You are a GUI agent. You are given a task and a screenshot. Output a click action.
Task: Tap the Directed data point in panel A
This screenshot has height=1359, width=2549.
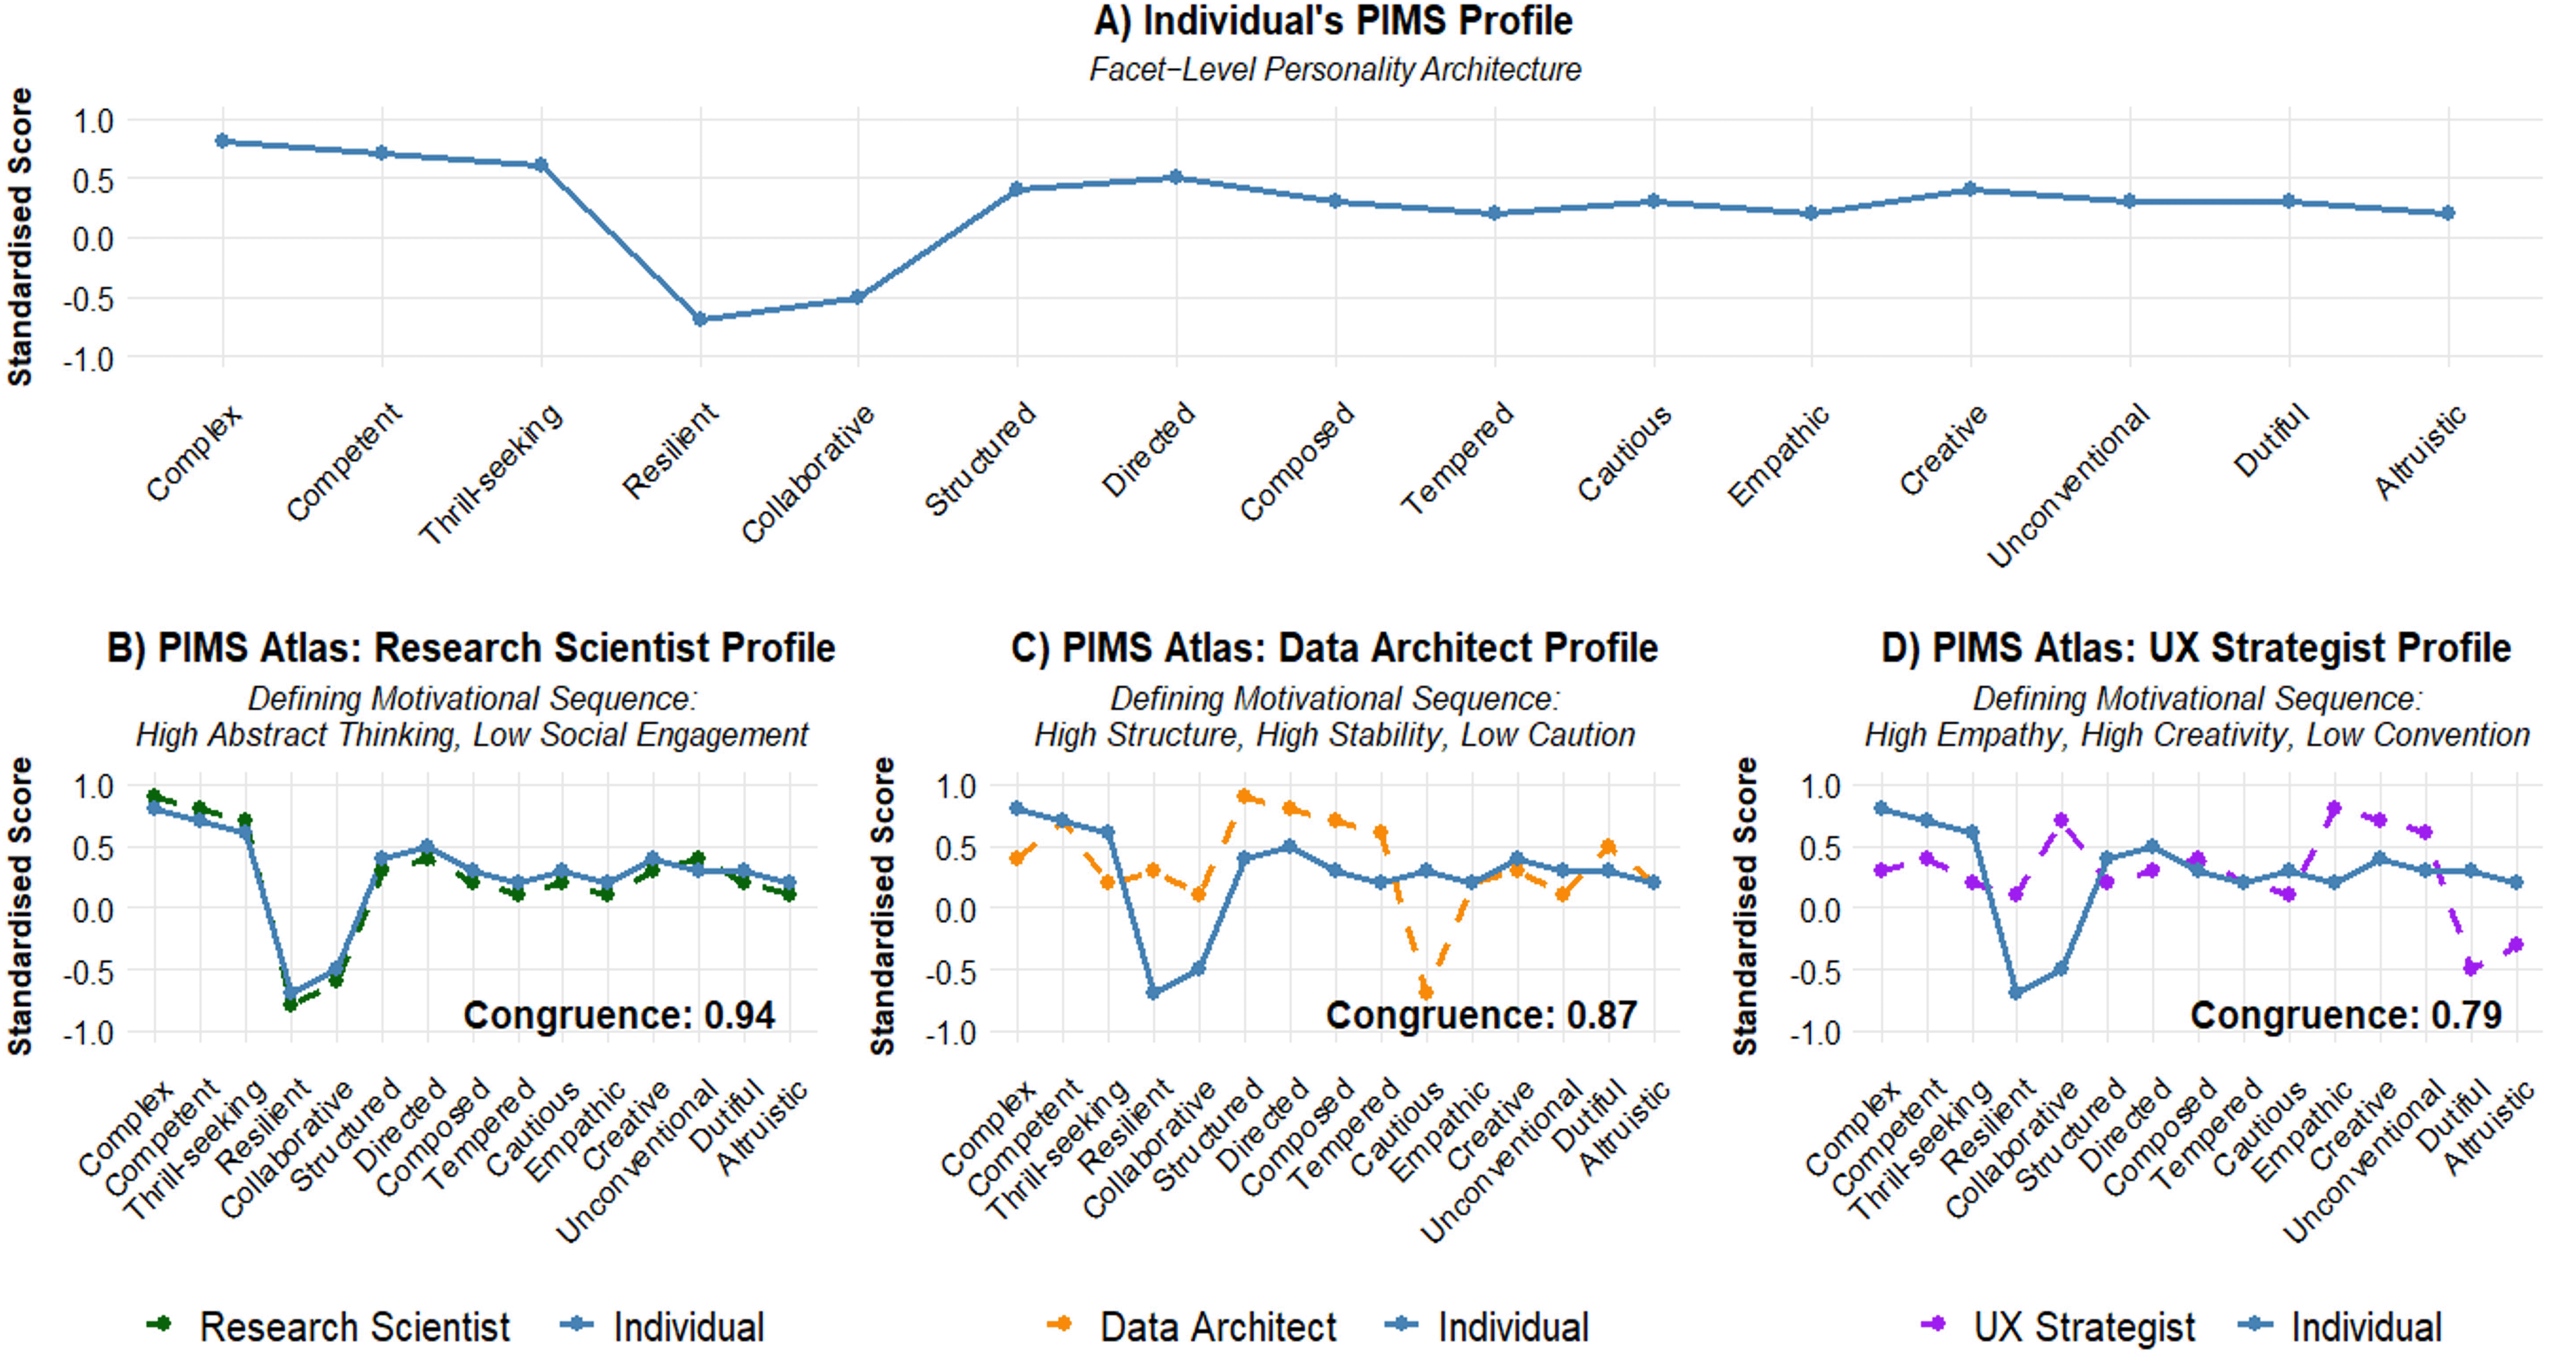[x=1176, y=177]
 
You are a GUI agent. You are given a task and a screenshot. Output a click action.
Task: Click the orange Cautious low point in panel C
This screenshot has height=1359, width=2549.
[x=1426, y=991]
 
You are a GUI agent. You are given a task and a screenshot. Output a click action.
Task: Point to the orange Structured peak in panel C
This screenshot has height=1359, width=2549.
[x=1244, y=796]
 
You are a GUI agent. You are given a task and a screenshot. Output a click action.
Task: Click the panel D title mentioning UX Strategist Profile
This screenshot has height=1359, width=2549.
[x=2195, y=648]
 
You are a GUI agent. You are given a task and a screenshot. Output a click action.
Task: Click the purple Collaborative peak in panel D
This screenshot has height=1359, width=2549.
[x=2062, y=821]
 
